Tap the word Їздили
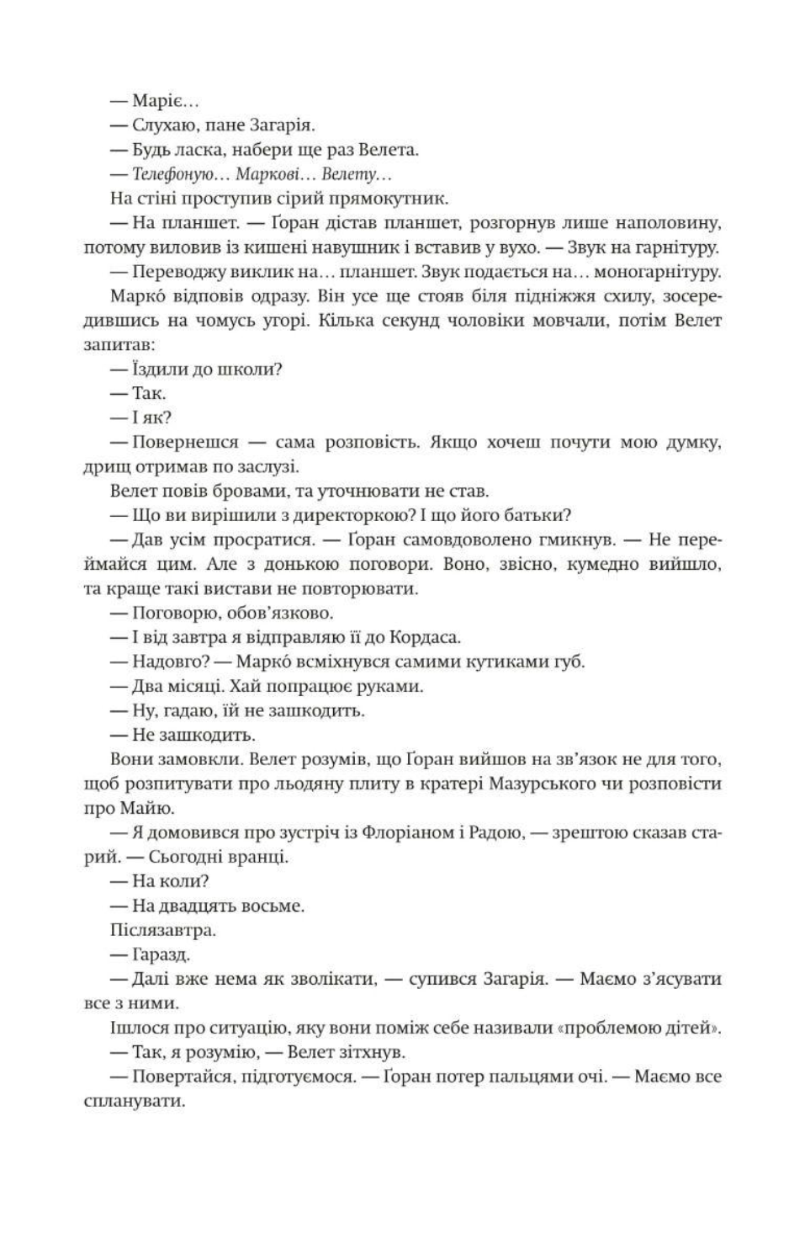pos(156,369)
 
